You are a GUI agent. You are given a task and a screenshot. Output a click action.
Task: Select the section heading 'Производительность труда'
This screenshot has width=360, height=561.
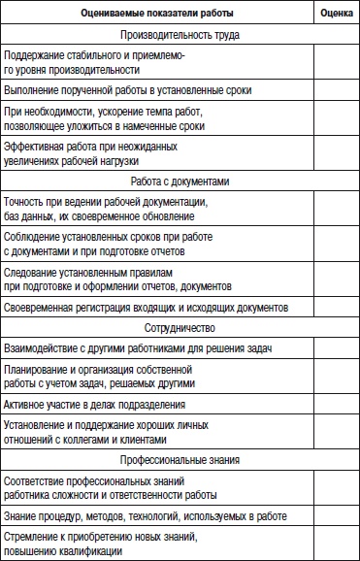pos(180,35)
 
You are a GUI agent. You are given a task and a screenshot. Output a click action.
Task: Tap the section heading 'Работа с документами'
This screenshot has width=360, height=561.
pos(180,181)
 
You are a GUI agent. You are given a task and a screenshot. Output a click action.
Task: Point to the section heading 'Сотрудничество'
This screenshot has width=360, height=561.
pos(180,328)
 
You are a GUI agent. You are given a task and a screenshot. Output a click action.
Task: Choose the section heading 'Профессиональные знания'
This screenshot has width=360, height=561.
pos(180,458)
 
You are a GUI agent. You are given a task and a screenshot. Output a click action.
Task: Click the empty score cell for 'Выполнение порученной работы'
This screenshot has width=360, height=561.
pos(336,89)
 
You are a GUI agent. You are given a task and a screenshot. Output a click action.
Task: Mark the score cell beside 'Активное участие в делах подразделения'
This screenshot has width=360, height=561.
pos(336,403)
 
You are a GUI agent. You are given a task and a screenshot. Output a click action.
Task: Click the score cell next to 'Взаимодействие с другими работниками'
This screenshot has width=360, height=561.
pos(336,349)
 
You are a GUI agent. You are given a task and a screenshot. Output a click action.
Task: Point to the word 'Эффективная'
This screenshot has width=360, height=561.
pos(35,146)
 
